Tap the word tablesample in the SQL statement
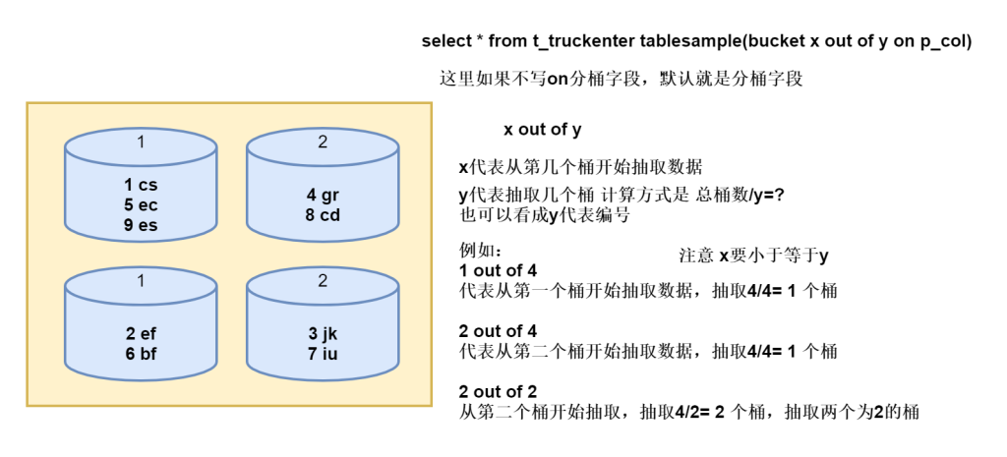pos(690,41)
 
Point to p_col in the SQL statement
pos(941,41)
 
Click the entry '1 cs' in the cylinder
pos(141,185)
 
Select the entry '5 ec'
pos(141,204)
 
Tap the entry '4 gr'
pos(323,195)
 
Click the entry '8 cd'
pos(323,214)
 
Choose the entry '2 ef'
pos(141,332)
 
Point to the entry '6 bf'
pos(141,352)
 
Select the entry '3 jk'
pos(323,332)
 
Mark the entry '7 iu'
pos(323,352)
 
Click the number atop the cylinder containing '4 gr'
pos(323,143)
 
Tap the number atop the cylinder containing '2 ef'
pos(141,281)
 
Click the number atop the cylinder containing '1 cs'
pos(141,143)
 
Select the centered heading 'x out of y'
pos(542,130)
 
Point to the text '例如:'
pos(481,250)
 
